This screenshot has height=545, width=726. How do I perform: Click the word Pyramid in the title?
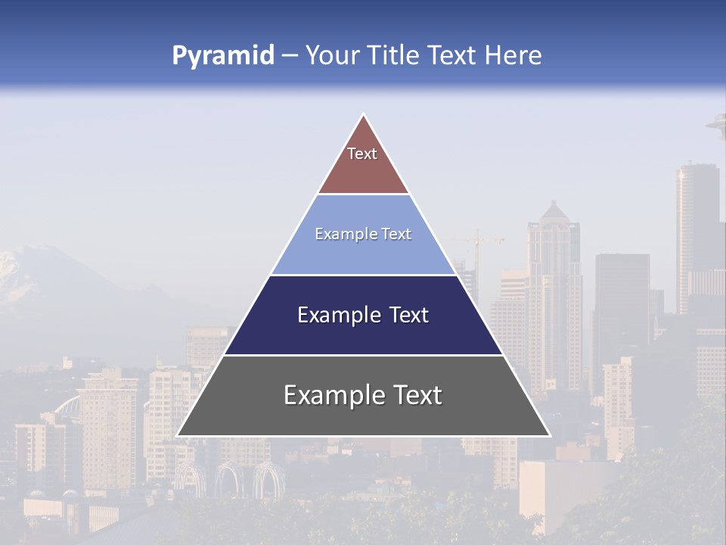pyautogui.click(x=223, y=56)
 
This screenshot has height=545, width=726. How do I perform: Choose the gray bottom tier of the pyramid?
pyautogui.click(x=363, y=416)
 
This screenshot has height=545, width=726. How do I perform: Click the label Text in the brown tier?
pyautogui.click(x=362, y=154)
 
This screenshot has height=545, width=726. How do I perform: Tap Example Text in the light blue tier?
pyautogui.click(x=363, y=234)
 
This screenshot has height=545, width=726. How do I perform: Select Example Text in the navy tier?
pyautogui.click(x=363, y=315)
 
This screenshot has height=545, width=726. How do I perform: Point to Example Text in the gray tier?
pyautogui.click(x=363, y=395)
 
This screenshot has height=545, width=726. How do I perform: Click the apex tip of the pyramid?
pyautogui.click(x=364, y=115)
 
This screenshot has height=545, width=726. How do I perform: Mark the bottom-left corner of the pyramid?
pyautogui.click(x=178, y=435)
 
